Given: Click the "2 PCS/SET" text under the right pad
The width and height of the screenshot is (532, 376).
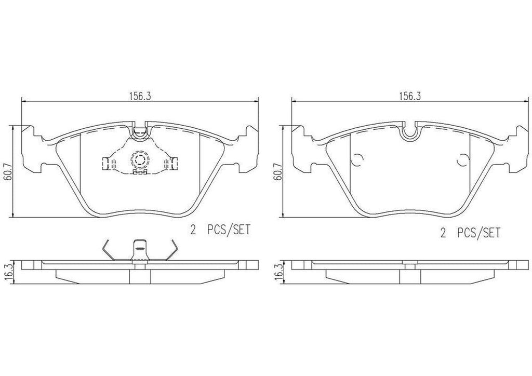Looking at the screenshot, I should [470, 233].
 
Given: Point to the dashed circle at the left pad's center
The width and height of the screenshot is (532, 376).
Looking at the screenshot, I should [139, 159].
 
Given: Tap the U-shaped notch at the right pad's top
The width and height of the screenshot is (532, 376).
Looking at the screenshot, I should [410, 133].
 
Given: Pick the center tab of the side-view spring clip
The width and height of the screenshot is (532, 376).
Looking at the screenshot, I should [139, 252].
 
